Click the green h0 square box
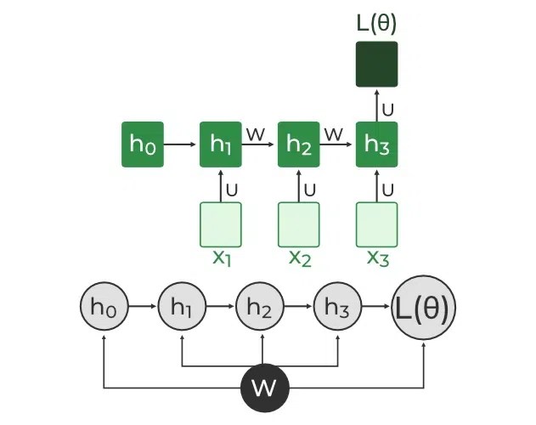[x=142, y=145]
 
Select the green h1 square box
[x=221, y=145]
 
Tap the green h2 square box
[x=299, y=145]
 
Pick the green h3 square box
[x=376, y=145]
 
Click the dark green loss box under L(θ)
[x=376, y=65]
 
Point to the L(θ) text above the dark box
[x=376, y=23]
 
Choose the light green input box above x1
[x=221, y=224]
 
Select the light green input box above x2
[x=299, y=224]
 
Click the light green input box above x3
[x=376, y=224]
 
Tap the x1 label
[x=221, y=258]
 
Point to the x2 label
[x=300, y=258]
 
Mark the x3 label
[x=377, y=258]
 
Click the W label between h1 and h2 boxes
[x=255, y=134]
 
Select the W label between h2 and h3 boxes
[x=334, y=134]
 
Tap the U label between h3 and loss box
[x=387, y=109]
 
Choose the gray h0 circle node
[x=103, y=309]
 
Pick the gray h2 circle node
[x=260, y=309]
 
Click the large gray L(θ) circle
[x=424, y=308]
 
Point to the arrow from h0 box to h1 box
[x=180, y=145]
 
